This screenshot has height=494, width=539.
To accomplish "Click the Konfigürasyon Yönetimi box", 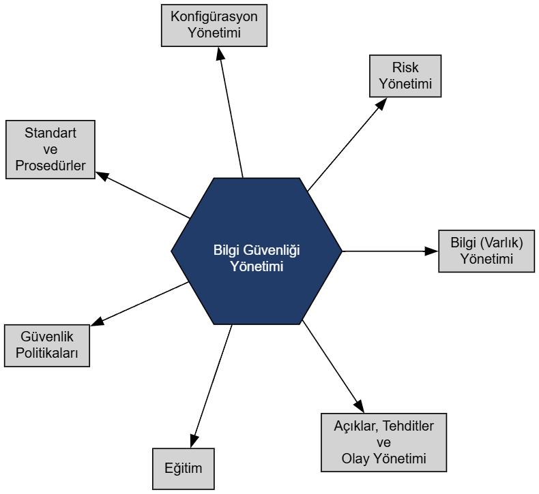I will [x=214, y=26].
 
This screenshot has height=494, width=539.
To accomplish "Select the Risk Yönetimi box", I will [x=405, y=76].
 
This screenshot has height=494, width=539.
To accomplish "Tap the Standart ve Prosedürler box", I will [x=50, y=149].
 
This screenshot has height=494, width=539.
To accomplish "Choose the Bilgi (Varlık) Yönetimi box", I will [x=486, y=251].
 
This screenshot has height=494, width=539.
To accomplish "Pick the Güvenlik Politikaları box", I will [x=46, y=345].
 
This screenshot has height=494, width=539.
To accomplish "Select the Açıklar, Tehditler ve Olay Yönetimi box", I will [x=383, y=442].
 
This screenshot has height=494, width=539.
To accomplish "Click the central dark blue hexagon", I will [x=256, y=251].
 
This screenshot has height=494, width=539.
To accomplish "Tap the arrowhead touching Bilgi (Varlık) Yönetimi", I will [x=431, y=251].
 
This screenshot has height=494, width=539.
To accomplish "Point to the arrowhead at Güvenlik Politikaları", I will [x=97, y=322].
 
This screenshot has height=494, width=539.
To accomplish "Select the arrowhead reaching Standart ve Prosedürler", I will [x=102, y=174].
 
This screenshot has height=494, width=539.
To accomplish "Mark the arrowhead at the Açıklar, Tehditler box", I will [x=358, y=405].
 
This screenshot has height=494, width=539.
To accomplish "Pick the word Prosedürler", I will [x=50, y=166].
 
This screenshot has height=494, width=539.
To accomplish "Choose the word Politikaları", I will [x=46, y=354].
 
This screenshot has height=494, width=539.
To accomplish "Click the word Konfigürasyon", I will [x=214, y=17].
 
